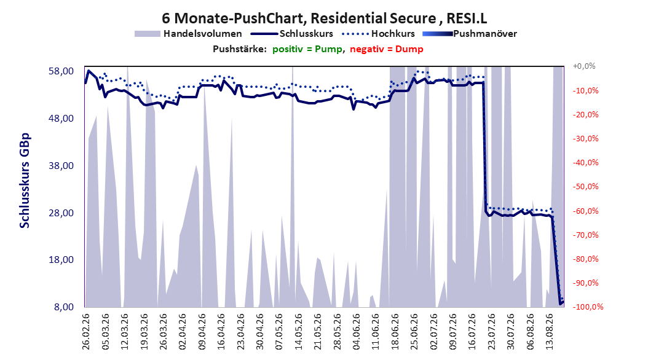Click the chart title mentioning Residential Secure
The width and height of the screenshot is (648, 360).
(324, 18)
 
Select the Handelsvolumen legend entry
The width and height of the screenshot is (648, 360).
(189, 34)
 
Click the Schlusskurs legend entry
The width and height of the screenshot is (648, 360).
(292, 34)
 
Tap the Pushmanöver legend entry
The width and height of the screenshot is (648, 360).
(470, 34)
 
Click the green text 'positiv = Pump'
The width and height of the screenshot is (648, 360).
(307, 49)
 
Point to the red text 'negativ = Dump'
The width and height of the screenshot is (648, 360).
(387, 49)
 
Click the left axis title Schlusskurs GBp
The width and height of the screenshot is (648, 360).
(25, 181)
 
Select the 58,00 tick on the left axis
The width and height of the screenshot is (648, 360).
(61, 71)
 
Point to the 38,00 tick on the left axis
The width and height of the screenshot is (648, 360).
(61, 165)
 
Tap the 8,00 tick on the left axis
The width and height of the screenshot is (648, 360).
(64, 307)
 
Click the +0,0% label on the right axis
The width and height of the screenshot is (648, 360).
(584, 66)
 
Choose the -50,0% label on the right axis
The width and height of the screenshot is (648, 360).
(585, 187)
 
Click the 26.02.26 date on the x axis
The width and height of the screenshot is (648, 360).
(86, 332)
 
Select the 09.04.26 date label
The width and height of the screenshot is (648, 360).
(202, 332)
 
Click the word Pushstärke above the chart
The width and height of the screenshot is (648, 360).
(240, 49)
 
